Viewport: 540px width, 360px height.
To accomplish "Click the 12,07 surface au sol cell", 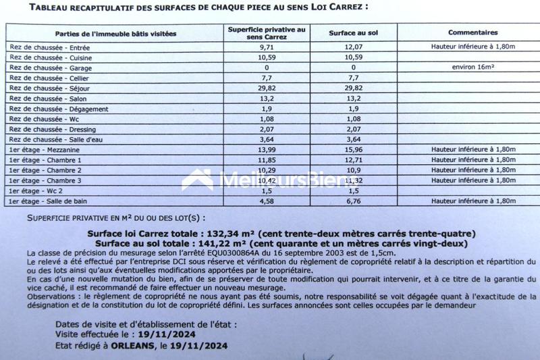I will point(353,48).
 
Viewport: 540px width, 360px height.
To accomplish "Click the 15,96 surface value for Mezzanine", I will point(353,149).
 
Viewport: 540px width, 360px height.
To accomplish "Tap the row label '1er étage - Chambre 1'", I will point(45,159).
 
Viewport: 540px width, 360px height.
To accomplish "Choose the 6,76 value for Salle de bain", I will point(353,201).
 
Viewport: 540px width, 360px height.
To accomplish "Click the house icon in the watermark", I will point(198,180).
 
